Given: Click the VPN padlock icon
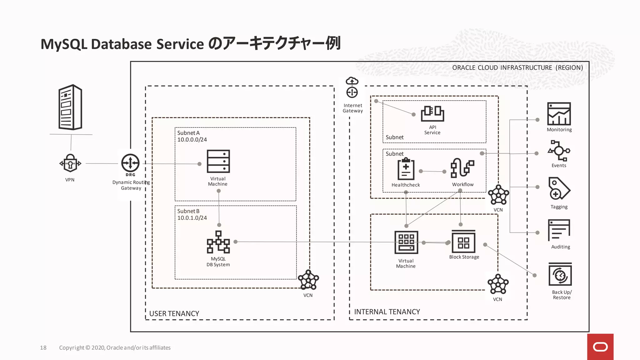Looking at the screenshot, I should point(70,163).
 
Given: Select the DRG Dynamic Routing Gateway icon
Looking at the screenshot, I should point(130,163).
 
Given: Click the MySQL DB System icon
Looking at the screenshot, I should point(218,242).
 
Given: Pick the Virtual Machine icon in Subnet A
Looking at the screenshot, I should point(218,161).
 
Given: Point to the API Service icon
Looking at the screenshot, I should point(432,113).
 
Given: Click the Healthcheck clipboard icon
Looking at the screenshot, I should point(406,169).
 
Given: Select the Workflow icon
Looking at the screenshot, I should point(462,168).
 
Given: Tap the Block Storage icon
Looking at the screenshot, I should point(463,242).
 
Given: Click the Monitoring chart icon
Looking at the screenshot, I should point(559,114).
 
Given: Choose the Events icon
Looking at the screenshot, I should point(559,151).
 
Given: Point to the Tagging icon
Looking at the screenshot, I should point(559,189).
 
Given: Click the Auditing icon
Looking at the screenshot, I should point(559,230).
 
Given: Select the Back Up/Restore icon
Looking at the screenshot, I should point(560,275).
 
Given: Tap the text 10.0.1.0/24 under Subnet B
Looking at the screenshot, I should point(192,218).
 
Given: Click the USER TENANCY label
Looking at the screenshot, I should point(174,313).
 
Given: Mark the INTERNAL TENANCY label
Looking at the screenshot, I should point(387,312).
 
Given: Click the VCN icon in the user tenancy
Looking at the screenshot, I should point(308,280).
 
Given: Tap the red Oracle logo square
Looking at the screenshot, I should point(600,347).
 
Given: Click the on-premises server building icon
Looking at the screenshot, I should point(70,107).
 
